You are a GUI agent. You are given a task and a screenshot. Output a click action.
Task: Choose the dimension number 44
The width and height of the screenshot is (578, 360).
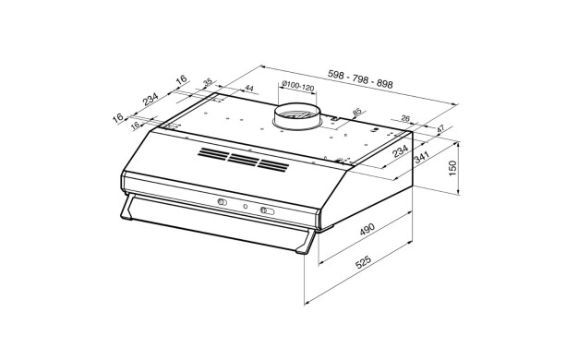pyautogui.click(x=249, y=89)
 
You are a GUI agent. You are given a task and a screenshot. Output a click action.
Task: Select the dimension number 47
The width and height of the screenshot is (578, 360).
pyautogui.click(x=440, y=129)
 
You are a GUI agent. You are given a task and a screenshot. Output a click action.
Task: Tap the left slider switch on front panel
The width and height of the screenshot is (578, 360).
pyautogui.click(x=223, y=202)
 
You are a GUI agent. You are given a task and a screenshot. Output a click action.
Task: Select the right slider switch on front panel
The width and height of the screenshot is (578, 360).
pyautogui.click(x=268, y=211)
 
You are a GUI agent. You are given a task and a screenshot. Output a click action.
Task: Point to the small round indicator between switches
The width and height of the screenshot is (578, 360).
pyautogui.click(x=245, y=207)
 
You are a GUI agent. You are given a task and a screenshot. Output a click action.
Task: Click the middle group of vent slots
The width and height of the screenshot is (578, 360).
pyautogui.click(x=241, y=160)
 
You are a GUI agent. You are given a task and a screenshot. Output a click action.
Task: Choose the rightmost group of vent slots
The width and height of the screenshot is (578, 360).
pyautogui.click(x=272, y=164)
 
